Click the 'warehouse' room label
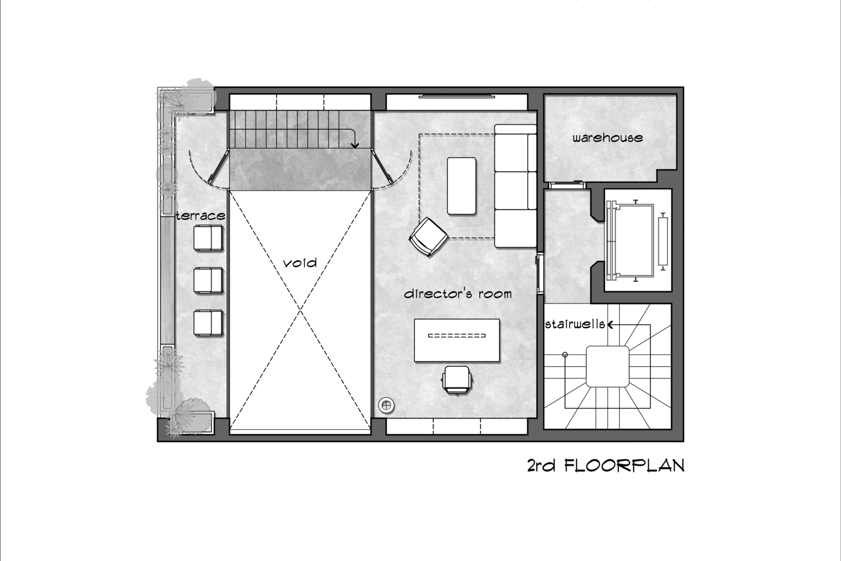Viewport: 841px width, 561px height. [x=607, y=137]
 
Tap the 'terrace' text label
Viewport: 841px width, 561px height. [x=201, y=215]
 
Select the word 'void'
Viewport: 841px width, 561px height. [x=300, y=263]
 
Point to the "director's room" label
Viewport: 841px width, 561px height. [x=458, y=293]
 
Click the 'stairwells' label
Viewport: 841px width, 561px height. [x=575, y=324]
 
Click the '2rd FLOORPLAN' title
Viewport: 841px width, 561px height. [x=606, y=466]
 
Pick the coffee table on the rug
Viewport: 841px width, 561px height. [x=461, y=186]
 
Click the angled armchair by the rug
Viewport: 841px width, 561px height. [x=428, y=237]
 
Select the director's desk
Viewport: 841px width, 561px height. [x=457, y=341]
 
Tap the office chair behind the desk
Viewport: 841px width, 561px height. [x=457, y=379]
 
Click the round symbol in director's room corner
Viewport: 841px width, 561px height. [x=387, y=405]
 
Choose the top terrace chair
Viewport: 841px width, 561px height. [x=209, y=237]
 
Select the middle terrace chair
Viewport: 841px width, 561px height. [x=209, y=280]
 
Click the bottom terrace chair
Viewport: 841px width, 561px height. [x=209, y=323]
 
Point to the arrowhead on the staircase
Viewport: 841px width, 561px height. [x=355, y=145]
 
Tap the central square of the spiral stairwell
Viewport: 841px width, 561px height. [x=607, y=366]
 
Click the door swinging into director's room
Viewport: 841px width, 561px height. [x=382, y=167]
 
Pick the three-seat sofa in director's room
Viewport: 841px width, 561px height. [x=515, y=186]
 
